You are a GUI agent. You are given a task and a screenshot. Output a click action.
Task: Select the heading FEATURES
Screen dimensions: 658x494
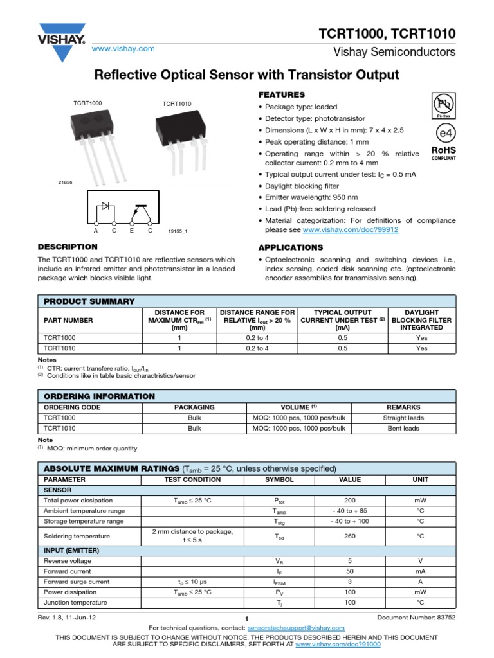click(281, 94)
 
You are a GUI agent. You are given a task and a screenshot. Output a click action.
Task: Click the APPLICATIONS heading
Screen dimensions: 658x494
click(290, 247)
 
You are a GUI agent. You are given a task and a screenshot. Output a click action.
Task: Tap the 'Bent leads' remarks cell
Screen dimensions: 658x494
click(403, 428)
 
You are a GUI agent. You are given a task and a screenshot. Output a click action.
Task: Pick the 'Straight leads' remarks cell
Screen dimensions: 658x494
click(403, 418)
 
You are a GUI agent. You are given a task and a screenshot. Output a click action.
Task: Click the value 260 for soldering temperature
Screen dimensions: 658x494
click(351, 536)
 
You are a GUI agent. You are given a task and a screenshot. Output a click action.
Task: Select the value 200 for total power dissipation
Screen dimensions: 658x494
click(351, 501)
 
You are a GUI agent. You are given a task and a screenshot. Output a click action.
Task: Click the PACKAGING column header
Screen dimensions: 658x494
click(194, 407)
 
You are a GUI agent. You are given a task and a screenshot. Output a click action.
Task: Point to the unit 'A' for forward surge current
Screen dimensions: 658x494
click(420, 582)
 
